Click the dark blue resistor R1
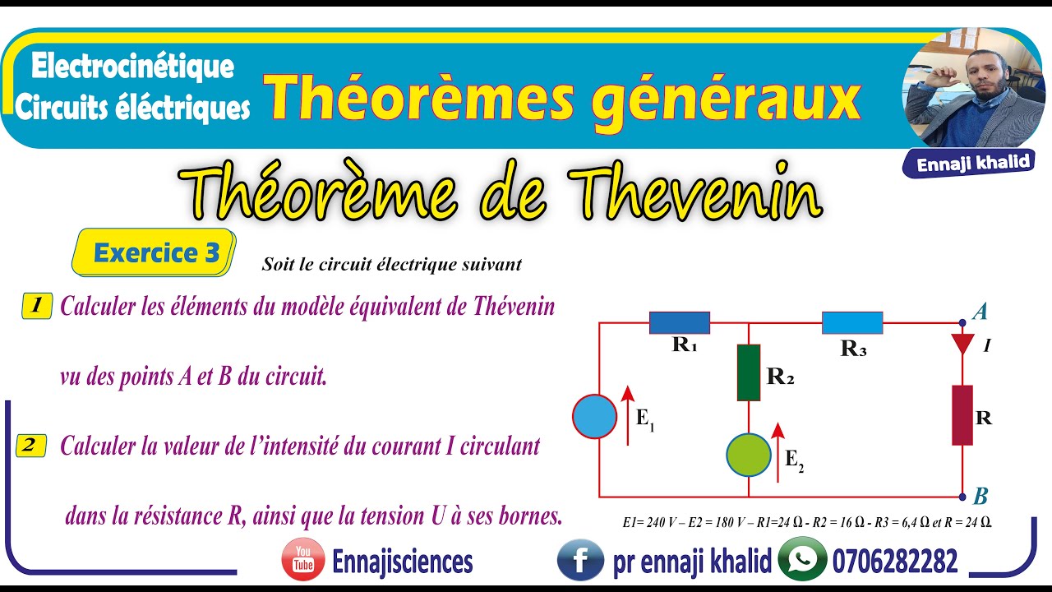click(680, 322)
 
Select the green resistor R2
click(749, 372)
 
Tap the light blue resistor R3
click(852, 322)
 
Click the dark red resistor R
click(962, 415)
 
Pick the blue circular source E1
click(594, 416)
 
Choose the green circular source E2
click(749, 454)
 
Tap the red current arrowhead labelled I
click(962, 344)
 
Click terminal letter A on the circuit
click(980, 312)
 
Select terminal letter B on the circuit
click(980, 497)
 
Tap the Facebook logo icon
click(580, 561)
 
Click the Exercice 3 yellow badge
click(156, 252)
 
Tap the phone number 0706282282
click(895, 562)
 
